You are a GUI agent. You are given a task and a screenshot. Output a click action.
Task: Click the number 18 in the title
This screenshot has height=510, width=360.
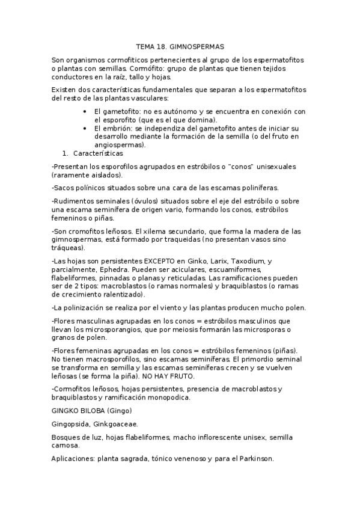click(162, 46)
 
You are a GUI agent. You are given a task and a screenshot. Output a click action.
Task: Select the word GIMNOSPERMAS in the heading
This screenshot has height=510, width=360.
click(197, 46)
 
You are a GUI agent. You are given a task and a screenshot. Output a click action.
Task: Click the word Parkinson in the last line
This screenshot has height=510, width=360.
click(254, 458)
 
